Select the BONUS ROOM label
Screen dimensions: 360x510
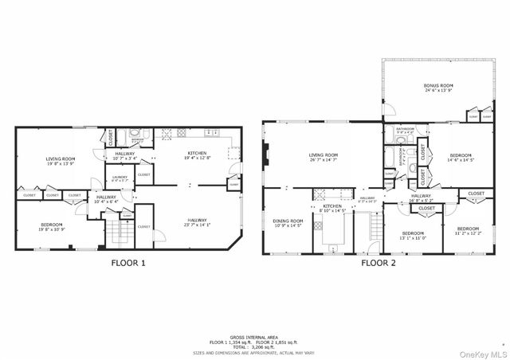pos(438,88)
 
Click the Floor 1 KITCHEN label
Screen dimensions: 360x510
pos(198,153)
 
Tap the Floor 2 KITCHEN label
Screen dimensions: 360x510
pos(332,206)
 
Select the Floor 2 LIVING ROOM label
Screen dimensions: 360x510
pos(324,155)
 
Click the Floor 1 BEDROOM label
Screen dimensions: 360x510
pos(52,225)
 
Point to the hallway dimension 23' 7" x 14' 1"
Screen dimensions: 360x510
pos(200,225)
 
